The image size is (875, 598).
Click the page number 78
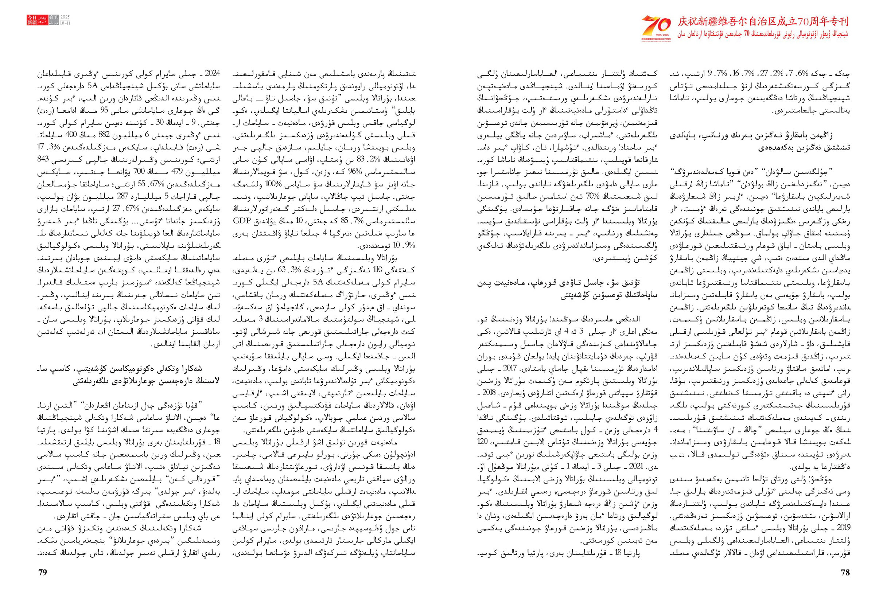[x=845, y=572]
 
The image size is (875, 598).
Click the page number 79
[x=43, y=572]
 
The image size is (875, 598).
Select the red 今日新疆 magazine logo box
[x=32, y=20]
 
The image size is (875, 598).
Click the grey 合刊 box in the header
[x=54, y=18]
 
